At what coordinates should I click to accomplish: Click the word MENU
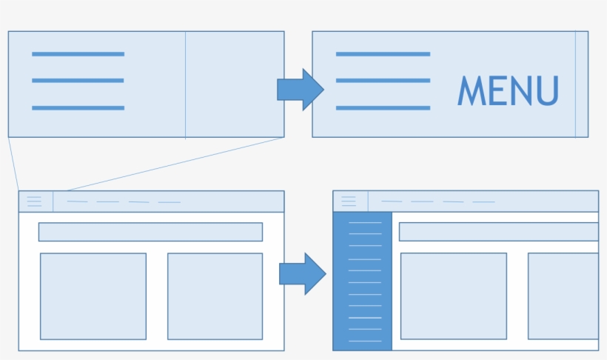508,90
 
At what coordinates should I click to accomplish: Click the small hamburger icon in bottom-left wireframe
35,201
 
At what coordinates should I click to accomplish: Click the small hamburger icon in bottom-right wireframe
349,201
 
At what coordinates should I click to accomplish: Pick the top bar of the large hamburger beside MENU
383,54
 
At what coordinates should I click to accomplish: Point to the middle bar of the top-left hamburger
78,81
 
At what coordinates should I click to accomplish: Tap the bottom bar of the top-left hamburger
78,108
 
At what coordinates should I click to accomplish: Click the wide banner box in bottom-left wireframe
150,232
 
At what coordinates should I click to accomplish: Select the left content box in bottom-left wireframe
93,296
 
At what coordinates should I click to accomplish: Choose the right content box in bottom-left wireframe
215,296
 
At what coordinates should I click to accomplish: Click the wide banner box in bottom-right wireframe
498,232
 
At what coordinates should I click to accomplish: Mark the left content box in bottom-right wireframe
453,296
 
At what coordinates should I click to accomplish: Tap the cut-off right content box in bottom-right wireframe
563,296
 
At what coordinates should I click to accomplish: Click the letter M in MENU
470,90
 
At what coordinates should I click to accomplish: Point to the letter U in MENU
547,91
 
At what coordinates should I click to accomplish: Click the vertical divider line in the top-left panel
185,84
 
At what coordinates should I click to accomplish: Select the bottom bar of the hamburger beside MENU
383,108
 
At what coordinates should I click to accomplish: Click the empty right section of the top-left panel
235,84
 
